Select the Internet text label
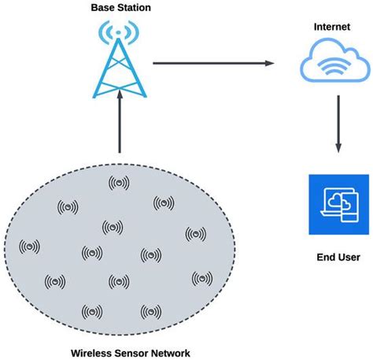(331, 26)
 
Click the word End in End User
(325, 257)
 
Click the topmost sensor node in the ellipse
(119, 183)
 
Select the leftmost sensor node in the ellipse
(30, 247)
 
